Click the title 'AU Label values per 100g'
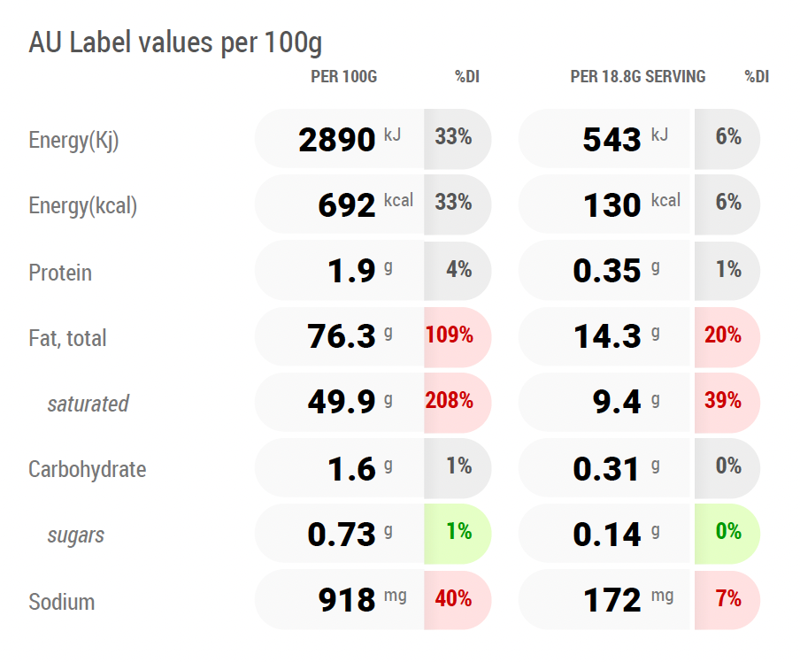(175, 42)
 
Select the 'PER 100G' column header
(344, 77)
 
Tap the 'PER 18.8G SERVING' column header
(638, 77)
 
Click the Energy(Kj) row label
(73, 141)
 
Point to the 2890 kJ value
(350, 139)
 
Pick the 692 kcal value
(365, 204)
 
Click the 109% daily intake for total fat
(449, 335)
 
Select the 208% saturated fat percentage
(449, 400)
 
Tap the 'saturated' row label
(88, 404)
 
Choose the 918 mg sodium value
(362, 599)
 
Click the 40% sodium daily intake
(453, 598)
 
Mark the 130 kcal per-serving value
(632, 204)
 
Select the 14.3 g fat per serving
(616, 335)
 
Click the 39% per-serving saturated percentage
(723, 400)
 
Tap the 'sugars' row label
(75, 535)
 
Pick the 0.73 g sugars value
(350, 534)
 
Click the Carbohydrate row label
(88, 470)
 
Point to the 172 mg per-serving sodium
(628, 599)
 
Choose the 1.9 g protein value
(360, 270)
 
